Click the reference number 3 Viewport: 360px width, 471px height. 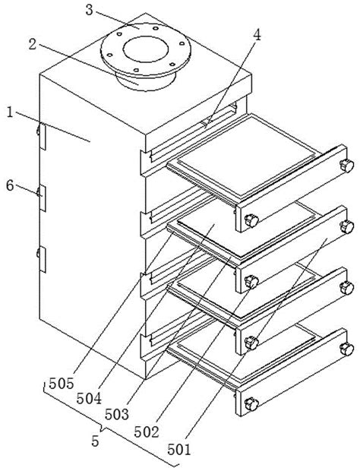click(x=89, y=10)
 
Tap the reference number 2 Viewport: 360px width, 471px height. click(x=33, y=45)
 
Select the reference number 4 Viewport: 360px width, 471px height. click(x=257, y=36)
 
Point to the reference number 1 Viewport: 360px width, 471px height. click(x=10, y=112)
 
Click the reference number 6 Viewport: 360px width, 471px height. click(x=10, y=185)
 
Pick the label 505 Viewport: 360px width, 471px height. click(x=62, y=384)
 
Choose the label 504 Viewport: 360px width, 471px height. click(x=89, y=399)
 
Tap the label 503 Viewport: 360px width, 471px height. click(x=117, y=415)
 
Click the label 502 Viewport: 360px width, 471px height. click(x=147, y=432)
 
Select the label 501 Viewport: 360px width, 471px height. click(x=179, y=450)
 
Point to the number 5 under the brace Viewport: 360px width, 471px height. click(x=95, y=441)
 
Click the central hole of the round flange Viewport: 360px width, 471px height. click(x=146, y=49)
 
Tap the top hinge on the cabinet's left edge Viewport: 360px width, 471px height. click(x=42, y=136)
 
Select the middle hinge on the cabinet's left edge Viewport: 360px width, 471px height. click(x=42, y=198)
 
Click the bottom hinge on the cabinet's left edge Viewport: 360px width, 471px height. click(x=42, y=260)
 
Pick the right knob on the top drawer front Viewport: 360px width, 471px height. click(x=347, y=166)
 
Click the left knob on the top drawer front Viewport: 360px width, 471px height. click(x=251, y=220)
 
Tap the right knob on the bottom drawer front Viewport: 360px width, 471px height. click(x=347, y=349)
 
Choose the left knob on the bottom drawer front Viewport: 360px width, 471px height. click(x=251, y=404)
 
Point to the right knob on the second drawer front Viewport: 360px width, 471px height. click(x=347, y=226)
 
